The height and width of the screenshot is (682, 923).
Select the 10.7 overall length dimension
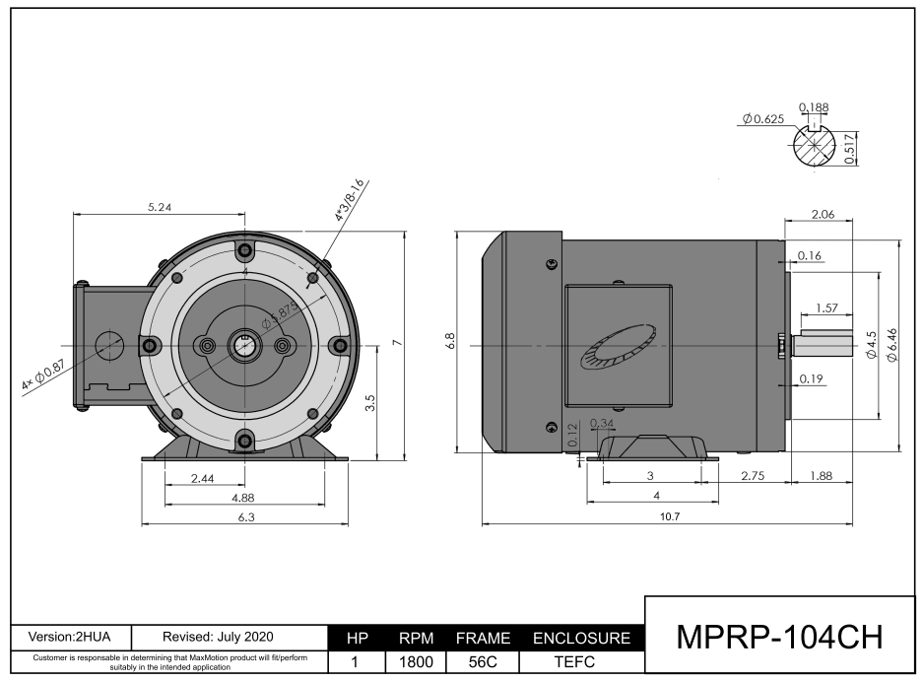tap(670, 517)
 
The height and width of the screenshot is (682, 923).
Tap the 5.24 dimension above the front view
tap(159, 207)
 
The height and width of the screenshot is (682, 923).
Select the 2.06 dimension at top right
tap(822, 214)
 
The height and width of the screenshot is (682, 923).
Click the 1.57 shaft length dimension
tap(827, 308)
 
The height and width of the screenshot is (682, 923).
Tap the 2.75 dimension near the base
tap(754, 475)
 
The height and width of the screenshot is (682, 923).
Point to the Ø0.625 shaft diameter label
tap(762, 118)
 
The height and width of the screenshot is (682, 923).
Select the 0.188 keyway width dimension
tap(813, 106)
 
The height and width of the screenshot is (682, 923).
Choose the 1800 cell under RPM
tap(415, 663)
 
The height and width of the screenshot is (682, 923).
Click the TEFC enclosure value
tap(580, 663)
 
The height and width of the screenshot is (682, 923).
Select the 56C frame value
tap(483, 663)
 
